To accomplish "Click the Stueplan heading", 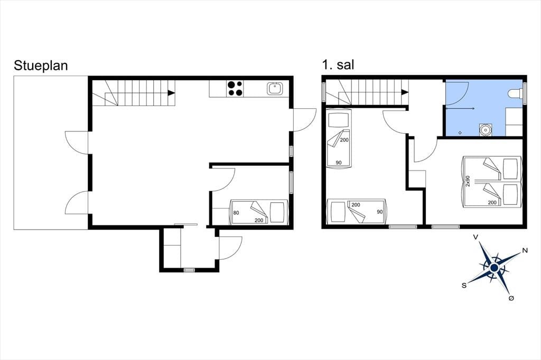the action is [x=41, y=65].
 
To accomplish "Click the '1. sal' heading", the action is [x=338, y=64].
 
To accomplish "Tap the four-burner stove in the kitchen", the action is [x=235, y=88].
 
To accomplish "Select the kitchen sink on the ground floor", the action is [x=275, y=89].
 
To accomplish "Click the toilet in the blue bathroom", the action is [x=516, y=93].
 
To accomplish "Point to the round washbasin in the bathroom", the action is [x=486, y=130].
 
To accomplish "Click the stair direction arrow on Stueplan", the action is [x=171, y=93].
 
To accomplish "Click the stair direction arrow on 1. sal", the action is [x=405, y=92].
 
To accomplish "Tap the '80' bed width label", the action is [x=236, y=213].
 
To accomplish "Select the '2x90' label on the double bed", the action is [x=468, y=181].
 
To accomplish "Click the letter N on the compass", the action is [x=525, y=251].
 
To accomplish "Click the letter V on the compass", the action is [x=475, y=237].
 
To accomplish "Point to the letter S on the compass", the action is [x=464, y=285].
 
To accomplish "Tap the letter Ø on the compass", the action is [x=511, y=298].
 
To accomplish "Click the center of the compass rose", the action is [x=494, y=268].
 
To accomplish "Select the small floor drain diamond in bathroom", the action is [x=460, y=133].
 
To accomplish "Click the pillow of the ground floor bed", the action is [x=277, y=212].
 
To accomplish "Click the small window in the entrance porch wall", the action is [x=189, y=270].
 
